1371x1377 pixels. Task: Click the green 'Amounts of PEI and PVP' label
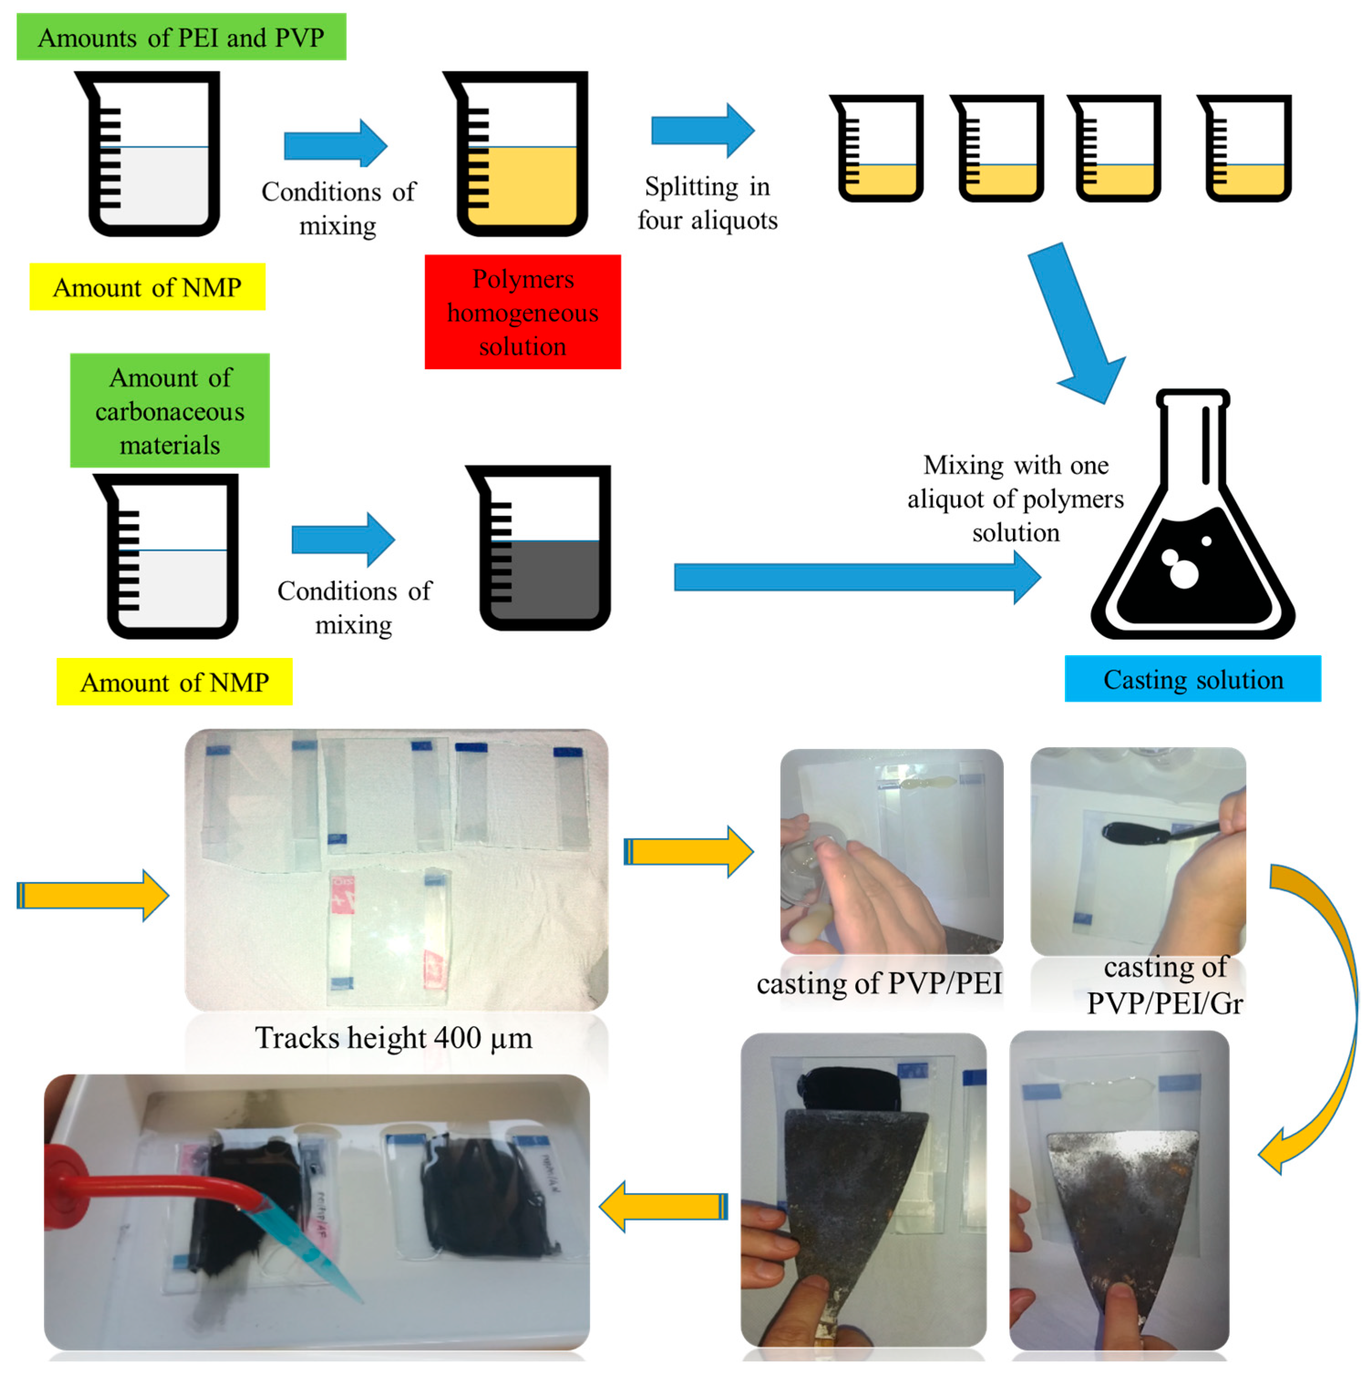coord(181,37)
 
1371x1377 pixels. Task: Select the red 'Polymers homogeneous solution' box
coord(522,312)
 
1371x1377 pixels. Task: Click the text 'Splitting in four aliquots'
coord(707,203)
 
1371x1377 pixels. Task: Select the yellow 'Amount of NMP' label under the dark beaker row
coord(174,682)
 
